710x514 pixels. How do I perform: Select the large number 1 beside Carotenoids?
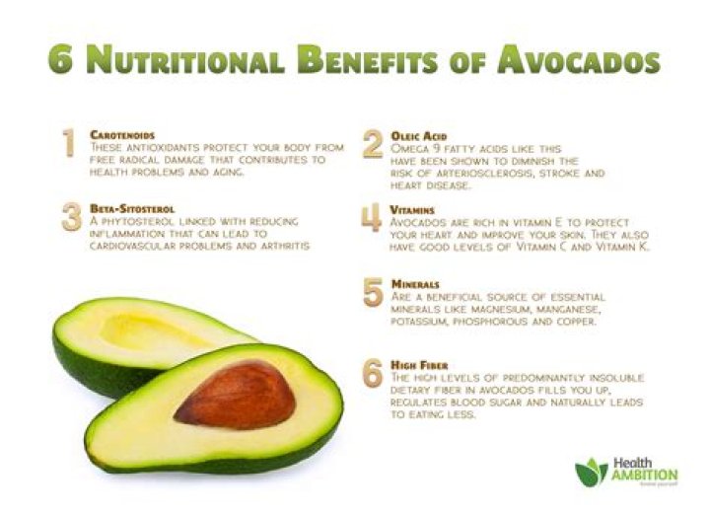point(67,143)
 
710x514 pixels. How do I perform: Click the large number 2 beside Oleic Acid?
point(372,144)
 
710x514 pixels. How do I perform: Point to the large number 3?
point(71,217)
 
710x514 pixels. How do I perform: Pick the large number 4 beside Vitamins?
point(372,218)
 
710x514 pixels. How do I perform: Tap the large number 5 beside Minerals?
point(372,292)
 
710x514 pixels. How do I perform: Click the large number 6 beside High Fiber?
point(372,373)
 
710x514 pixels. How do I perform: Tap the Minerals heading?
point(414,283)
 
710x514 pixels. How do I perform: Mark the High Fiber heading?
point(419,363)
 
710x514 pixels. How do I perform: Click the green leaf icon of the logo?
point(591,473)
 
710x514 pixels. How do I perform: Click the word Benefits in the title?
point(387,59)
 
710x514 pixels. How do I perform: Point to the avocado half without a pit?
point(138,340)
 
